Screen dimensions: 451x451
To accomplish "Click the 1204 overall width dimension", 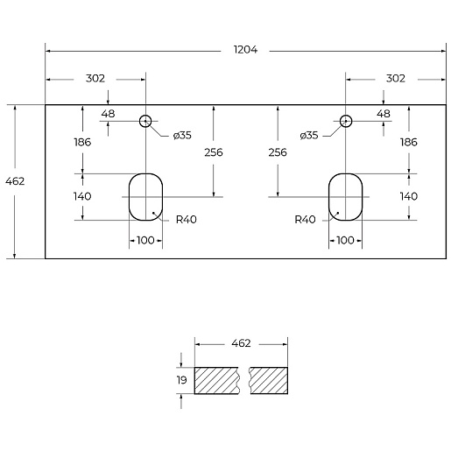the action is coord(245,50).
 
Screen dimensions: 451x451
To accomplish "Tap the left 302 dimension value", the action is coord(95,79).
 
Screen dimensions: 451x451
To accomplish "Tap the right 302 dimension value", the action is coord(396,79).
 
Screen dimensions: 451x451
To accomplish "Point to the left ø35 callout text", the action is coord(182,136).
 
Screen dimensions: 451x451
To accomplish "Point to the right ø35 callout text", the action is coord(309,136).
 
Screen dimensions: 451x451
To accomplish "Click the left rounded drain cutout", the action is coord(129,197).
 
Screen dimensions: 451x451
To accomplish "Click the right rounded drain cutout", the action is coord(328,197).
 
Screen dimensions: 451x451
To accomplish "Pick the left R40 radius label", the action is coord(187,220).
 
